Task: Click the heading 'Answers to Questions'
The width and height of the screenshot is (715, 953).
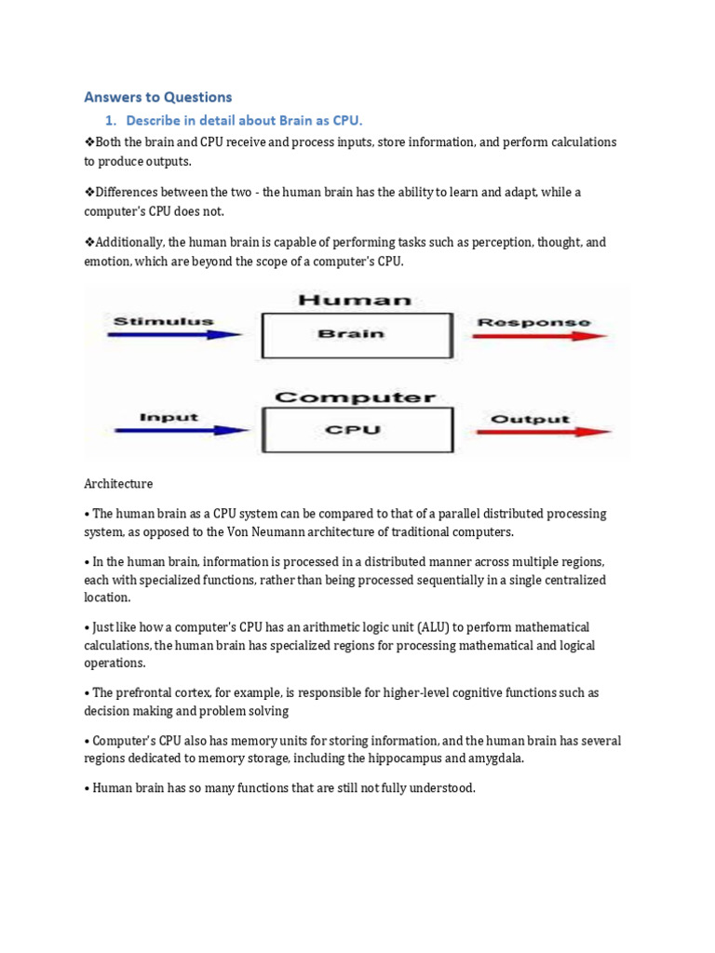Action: pyautogui.click(x=157, y=97)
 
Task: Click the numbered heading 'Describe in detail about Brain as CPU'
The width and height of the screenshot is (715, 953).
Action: pyautogui.click(x=244, y=121)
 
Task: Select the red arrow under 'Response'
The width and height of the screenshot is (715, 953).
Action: pyautogui.click(x=541, y=336)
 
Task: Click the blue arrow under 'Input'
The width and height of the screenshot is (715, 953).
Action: pyautogui.click(x=181, y=430)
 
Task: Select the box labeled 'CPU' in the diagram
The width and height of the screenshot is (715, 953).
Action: pyautogui.click(x=357, y=431)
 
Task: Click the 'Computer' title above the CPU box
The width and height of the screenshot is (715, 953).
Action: pyautogui.click(x=356, y=397)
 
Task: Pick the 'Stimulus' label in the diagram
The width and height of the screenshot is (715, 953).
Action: pyautogui.click(x=163, y=322)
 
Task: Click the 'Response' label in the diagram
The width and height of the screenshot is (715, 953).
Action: pyautogui.click(x=533, y=322)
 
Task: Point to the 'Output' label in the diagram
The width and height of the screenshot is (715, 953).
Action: pyautogui.click(x=530, y=419)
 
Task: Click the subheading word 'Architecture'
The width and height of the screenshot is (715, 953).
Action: pyautogui.click(x=118, y=484)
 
